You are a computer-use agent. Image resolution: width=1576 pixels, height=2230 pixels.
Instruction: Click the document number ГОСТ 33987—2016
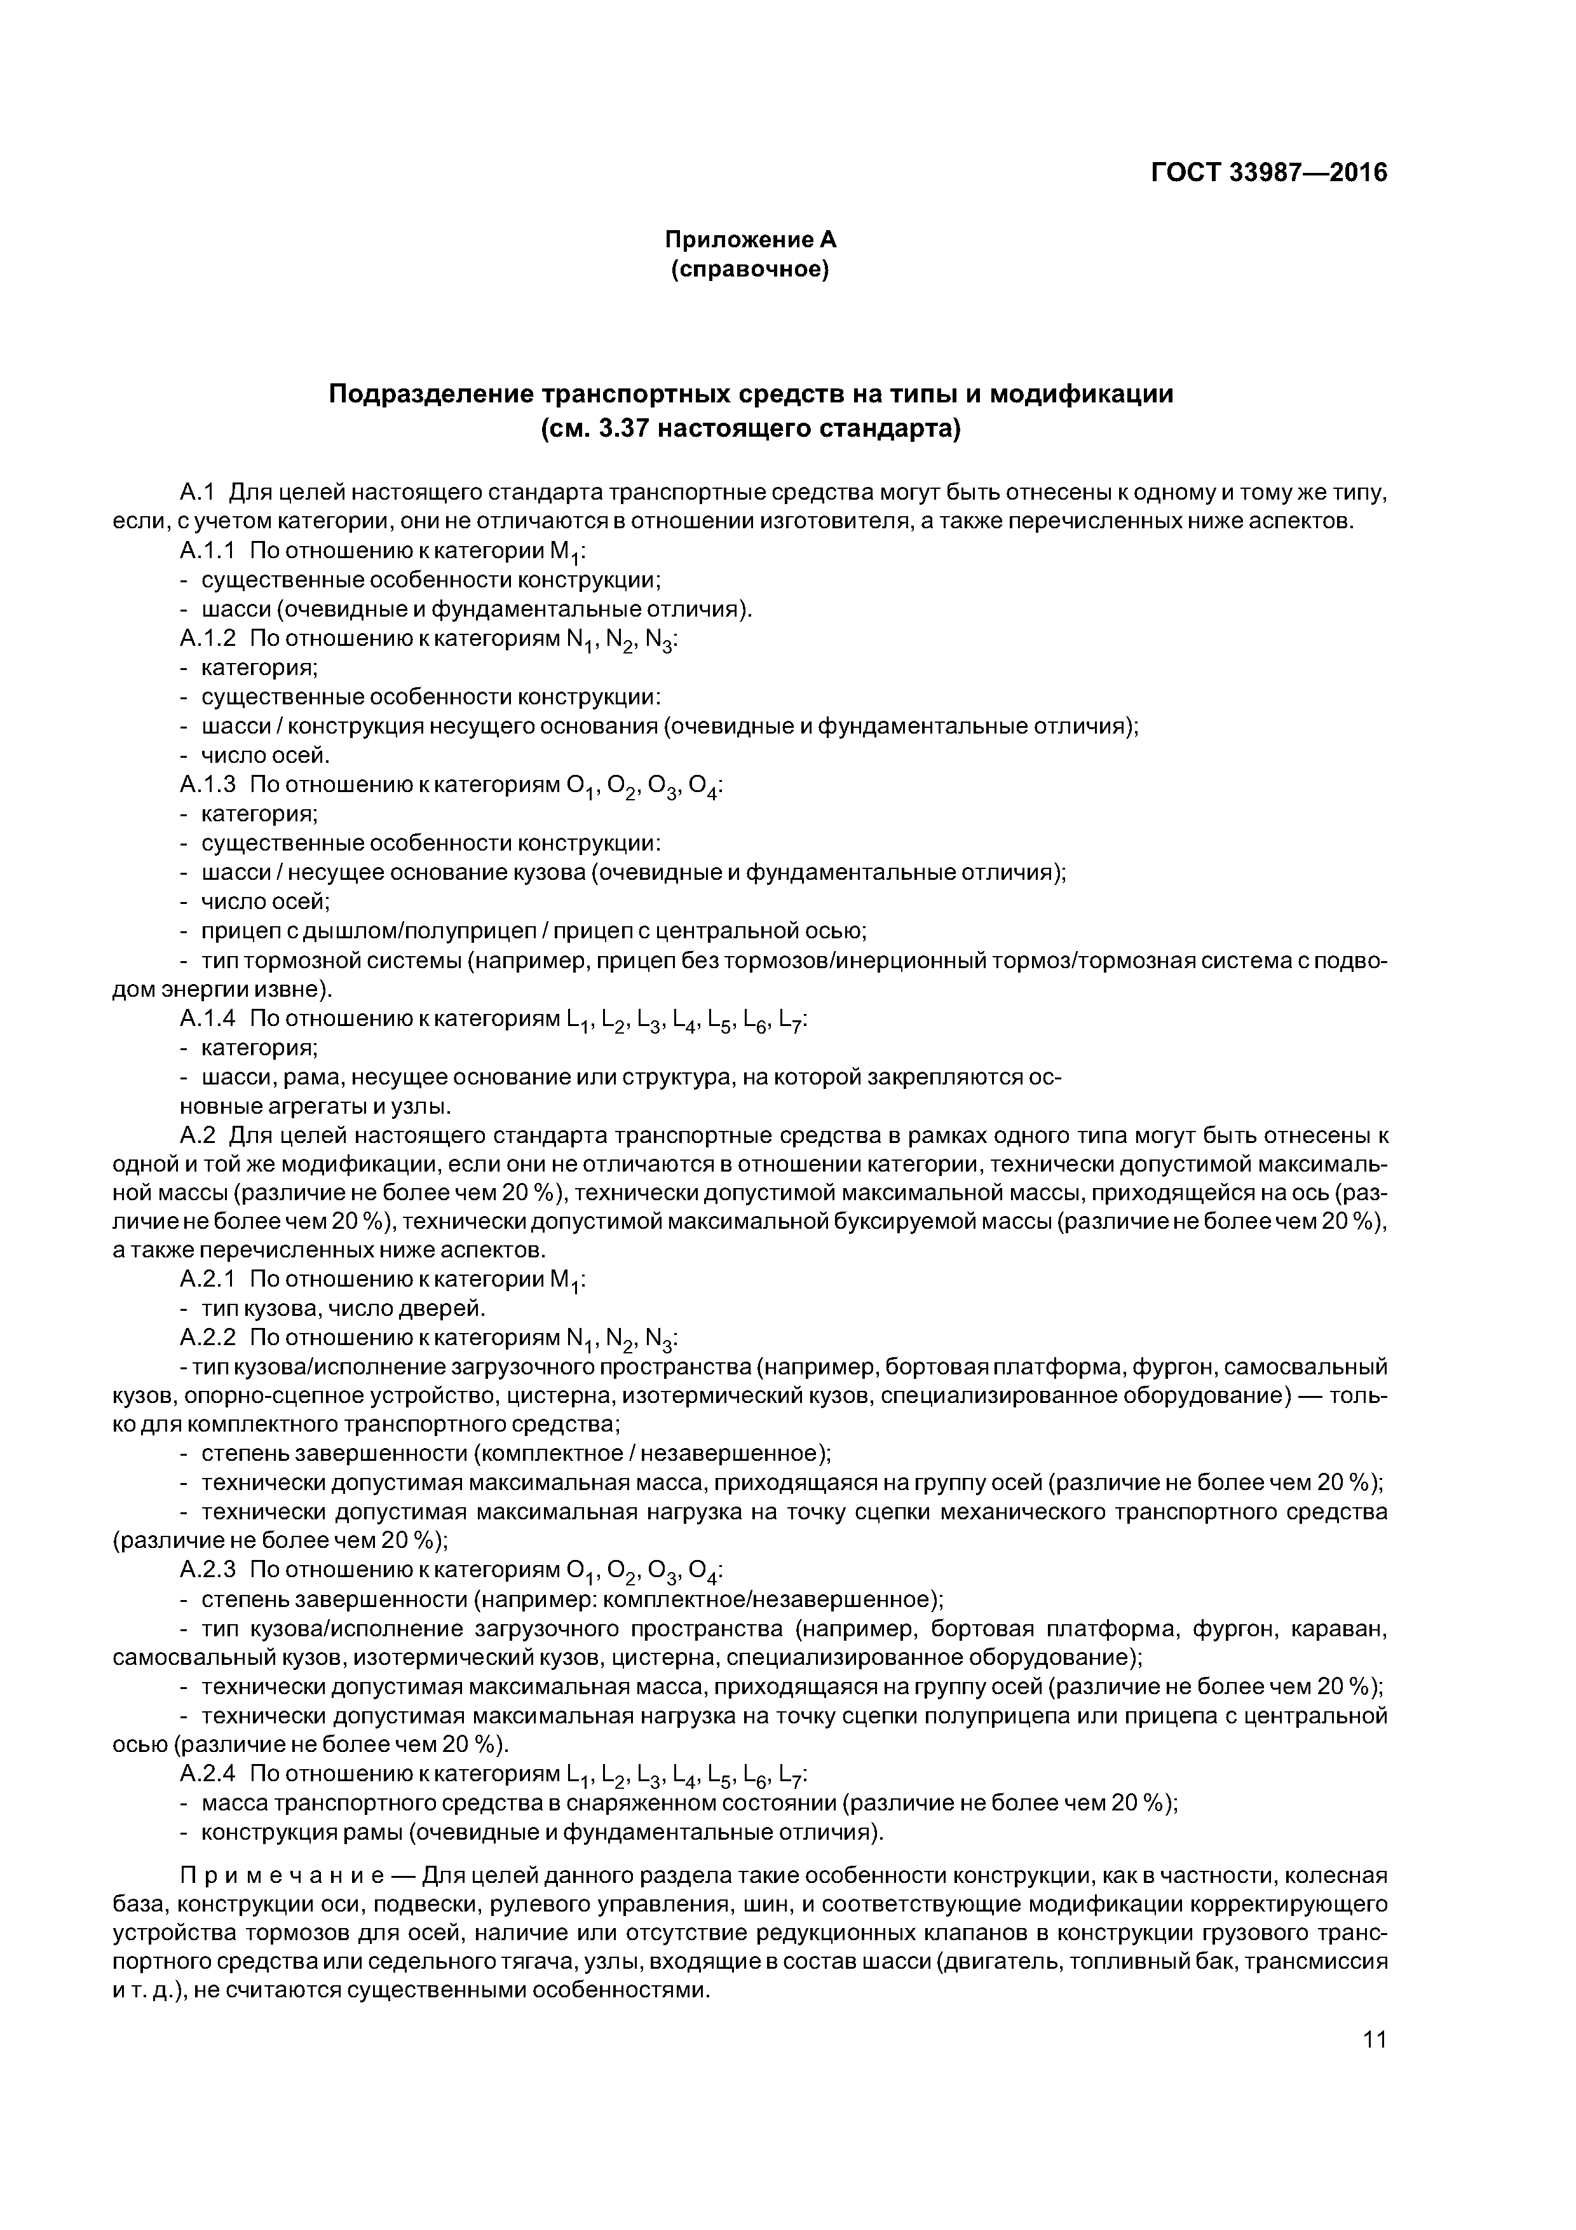click(1268, 173)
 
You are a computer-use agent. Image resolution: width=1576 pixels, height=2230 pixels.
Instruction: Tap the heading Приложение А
click(750, 239)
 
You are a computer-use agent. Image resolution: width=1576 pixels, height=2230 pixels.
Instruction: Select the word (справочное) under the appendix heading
click(750, 269)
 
